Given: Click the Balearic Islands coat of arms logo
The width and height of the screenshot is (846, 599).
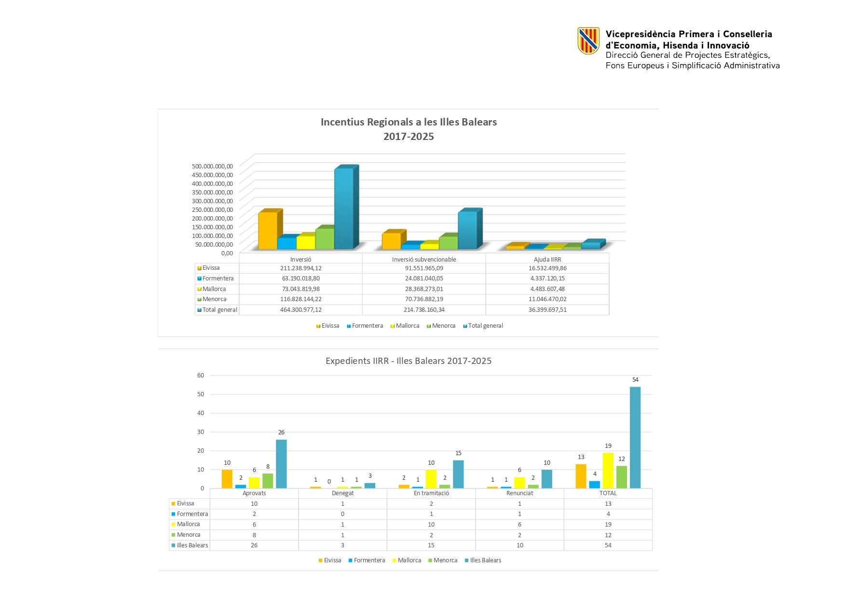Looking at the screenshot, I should tap(588, 41).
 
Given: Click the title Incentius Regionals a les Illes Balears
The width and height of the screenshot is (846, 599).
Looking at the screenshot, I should tap(409, 122).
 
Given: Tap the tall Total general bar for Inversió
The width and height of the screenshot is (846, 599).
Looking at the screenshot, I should tap(343, 209).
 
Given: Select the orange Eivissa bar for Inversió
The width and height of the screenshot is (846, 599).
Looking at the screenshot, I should tap(268, 230).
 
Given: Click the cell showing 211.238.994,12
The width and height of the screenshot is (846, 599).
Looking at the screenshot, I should tap(300, 268).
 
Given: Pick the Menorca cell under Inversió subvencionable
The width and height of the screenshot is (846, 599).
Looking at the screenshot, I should tap(424, 299).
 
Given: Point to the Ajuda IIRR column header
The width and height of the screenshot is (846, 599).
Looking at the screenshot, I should tap(547, 259).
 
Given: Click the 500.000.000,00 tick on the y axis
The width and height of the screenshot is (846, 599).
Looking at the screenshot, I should tap(212, 166).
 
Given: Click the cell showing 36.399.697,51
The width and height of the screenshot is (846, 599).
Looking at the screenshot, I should tap(547, 310).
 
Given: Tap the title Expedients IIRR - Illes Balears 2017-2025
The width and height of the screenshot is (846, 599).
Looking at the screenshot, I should tap(409, 361).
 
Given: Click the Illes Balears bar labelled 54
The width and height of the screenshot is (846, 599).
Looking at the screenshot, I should tap(635, 437).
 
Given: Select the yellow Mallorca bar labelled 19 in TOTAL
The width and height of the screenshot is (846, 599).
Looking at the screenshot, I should tap(608, 470).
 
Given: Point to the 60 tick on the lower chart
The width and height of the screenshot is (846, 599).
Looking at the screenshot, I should tap(201, 376).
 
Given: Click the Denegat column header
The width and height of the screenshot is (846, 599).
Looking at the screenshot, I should tap(342, 493).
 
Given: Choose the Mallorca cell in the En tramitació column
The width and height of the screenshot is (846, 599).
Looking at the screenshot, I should tap(431, 525).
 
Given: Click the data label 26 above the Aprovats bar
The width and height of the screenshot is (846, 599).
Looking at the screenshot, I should tap(281, 432).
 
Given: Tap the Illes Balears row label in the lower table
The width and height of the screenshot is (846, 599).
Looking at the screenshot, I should tap(192, 545).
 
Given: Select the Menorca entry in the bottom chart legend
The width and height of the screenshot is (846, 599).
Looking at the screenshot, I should tap(445, 560).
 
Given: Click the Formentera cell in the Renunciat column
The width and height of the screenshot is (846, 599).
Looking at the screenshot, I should tap(519, 514).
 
